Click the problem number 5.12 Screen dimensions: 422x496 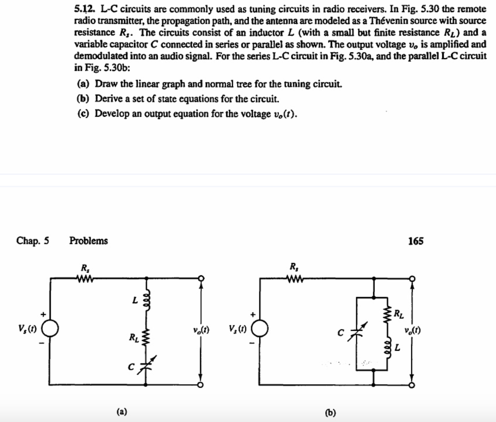tap(85, 9)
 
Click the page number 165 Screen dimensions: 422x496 tap(416, 241)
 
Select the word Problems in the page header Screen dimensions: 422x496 tap(89, 241)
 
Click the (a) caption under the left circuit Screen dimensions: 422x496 tap(122, 412)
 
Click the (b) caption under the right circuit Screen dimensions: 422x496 tap(331, 413)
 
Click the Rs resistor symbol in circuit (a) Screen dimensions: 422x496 tap(84, 278)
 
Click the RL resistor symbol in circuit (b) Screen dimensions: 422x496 tap(387, 316)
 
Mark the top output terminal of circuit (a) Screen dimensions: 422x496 tap(201, 278)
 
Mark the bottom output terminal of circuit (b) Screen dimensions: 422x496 tap(412, 385)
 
